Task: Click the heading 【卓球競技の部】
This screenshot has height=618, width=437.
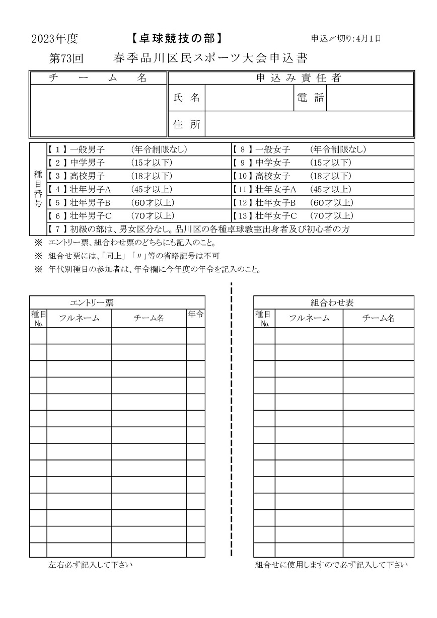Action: [176, 38]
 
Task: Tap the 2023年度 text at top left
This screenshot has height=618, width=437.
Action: [54, 39]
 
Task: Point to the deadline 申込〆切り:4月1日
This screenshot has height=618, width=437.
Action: [346, 38]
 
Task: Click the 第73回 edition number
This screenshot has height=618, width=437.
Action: [66, 58]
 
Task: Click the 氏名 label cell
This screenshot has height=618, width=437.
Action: [186, 98]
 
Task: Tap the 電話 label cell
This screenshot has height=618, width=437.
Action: [310, 98]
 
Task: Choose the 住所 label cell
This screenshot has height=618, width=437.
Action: [186, 125]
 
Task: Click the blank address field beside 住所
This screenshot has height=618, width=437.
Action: [309, 125]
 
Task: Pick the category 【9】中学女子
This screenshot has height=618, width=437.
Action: [262, 163]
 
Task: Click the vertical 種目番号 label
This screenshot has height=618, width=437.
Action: [38, 189]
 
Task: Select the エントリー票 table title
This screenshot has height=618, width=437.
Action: [92, 302]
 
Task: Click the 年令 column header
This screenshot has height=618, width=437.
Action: [195, 315]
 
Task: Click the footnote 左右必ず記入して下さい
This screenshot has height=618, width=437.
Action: [91, 565]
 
